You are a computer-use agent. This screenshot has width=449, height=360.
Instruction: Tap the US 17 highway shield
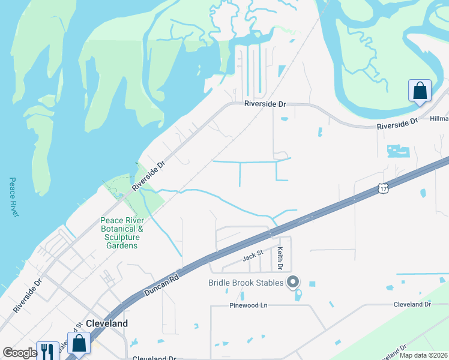coord(384,188)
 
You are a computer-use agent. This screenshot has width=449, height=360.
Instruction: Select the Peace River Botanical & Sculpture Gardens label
coord(122,233)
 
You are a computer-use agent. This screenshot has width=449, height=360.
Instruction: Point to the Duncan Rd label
coord(161,284)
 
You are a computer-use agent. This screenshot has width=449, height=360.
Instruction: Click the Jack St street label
coord(253,256)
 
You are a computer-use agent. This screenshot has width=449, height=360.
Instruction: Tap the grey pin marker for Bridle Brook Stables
coord(293,281)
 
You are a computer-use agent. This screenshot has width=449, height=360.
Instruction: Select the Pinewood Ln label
coord(247,305)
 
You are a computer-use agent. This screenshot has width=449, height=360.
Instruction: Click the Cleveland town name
coord(107,323)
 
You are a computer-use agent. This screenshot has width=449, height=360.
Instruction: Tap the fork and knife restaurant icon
coord(47,350)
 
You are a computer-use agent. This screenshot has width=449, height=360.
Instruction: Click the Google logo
coord(20,353)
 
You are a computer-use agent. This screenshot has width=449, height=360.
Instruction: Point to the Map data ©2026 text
coord(423,355)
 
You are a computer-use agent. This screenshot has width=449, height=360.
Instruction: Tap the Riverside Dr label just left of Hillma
coord(397,124)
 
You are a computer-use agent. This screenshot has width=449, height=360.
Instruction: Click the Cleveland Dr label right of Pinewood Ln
coord(412,304)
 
